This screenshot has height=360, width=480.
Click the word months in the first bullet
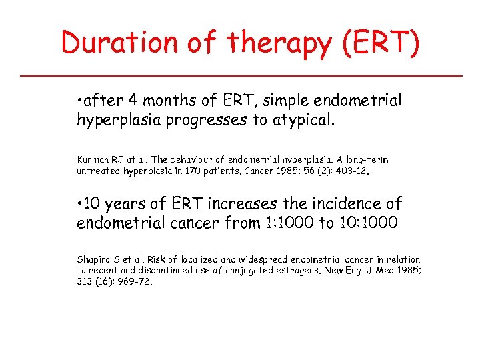(169, 101)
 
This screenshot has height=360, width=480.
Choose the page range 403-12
(351, 171)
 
